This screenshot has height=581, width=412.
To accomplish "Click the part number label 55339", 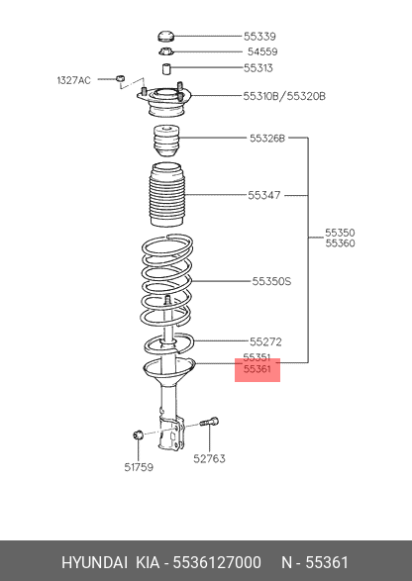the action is [x=259, y=37].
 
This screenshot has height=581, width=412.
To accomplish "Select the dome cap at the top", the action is [x=165, y=37].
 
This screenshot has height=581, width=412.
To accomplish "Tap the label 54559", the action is [x=262, y=51].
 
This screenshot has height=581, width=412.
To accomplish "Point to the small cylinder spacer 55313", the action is [x=166, y=68].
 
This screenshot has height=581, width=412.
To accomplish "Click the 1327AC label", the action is [x=74, y=80].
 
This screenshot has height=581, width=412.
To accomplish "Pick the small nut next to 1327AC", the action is [x=120, y=78].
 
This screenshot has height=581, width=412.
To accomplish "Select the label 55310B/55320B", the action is [x=284, y=96].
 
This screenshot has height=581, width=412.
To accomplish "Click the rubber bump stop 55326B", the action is [x=166, y=142].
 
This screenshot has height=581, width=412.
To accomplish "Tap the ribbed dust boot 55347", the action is [x=167, y=195].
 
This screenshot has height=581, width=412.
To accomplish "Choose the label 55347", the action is [x=264, y=195].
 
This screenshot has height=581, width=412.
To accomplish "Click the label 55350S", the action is [x=271, y=282].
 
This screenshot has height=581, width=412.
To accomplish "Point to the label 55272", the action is [x=265, y=341].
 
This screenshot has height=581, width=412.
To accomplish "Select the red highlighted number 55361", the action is [x=257, y=369].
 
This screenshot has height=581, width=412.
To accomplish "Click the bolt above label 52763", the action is [x=210, y=422].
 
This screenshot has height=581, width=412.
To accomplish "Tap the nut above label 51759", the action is [x=138, y=435].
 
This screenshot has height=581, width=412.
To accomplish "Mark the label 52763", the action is [x=209, y=458].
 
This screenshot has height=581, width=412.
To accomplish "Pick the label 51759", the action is [x=139, y=467].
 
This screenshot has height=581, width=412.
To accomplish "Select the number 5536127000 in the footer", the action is [x=217, y=562].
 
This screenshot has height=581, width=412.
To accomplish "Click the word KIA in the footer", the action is [x=148, y=562].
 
